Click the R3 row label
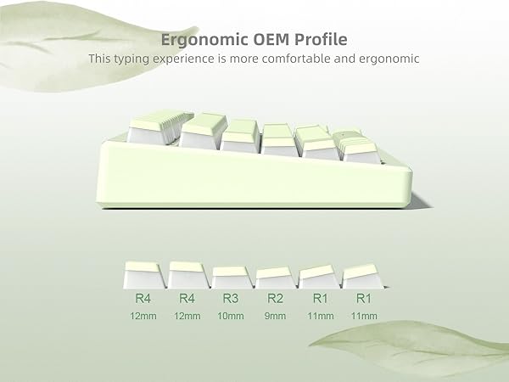[x=231, y=299]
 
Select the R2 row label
[x=275, y=299]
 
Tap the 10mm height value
[x=231, y=317]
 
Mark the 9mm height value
[x=275, y=317]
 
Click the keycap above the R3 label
[x=231, y=278]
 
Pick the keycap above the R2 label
[x=275, y=278]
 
